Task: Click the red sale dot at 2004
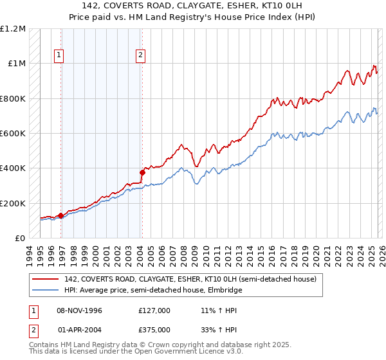pyautogui.click(x=142, y=172)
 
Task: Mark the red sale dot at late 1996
pyautogui.click(x=61, y=216)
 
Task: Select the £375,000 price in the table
pyautogui.click(x=154, y=331)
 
